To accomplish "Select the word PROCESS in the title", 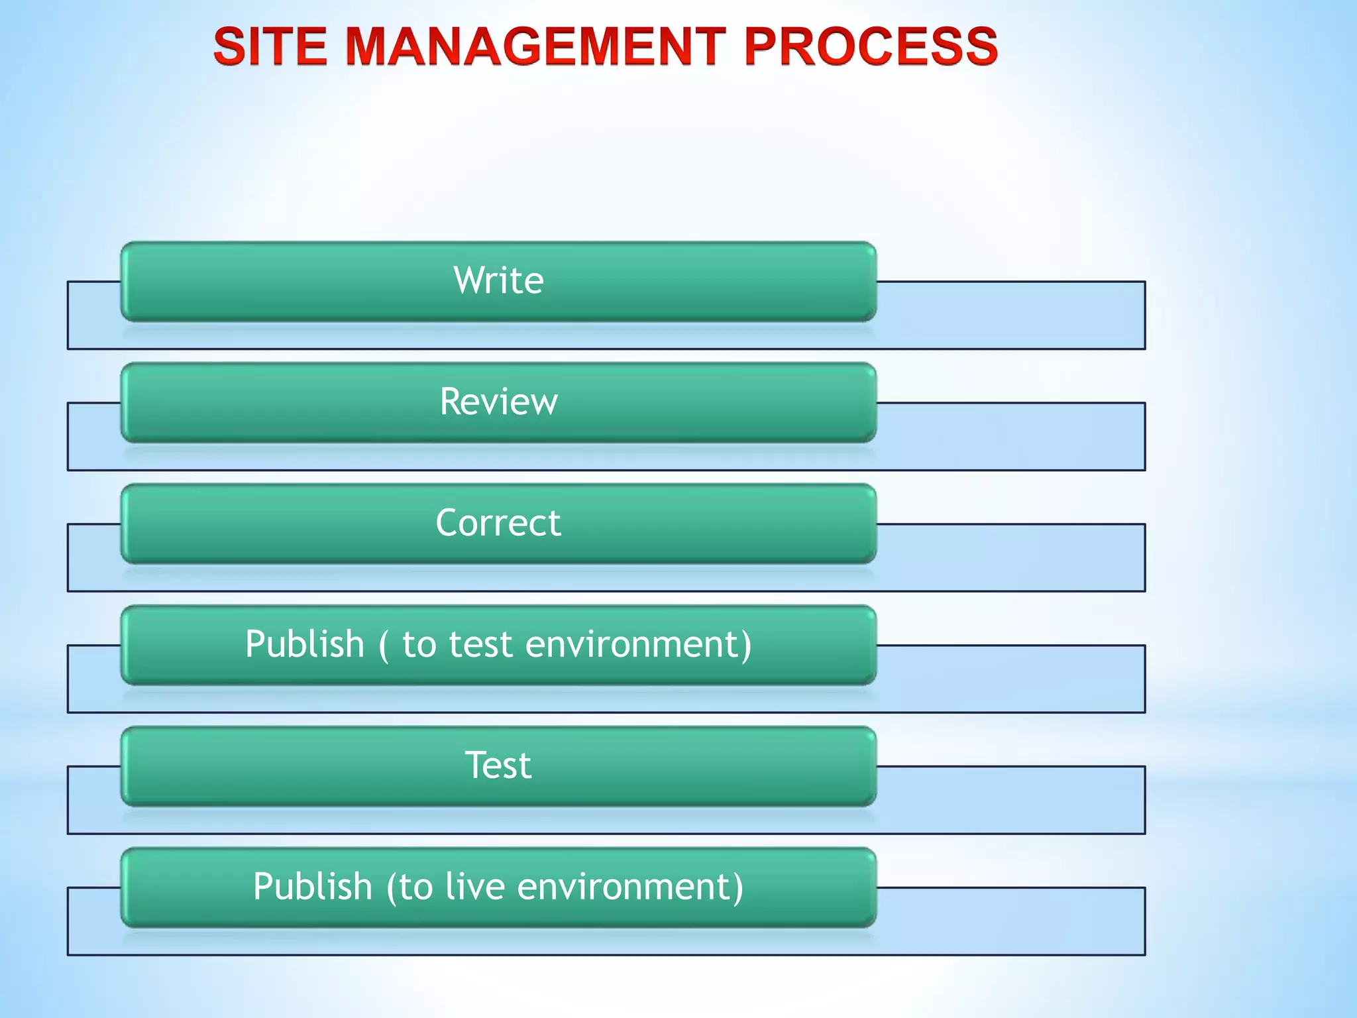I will click(871, 46).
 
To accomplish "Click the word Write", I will click(498, 280).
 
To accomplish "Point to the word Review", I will click(498, 402).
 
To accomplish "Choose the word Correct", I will click(498, 523).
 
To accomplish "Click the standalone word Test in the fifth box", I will click(498, 765).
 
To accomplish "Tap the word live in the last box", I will click(474, 887).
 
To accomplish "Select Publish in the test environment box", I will click(305, 644).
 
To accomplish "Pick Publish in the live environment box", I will click(313, 887).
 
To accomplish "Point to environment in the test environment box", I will click(638, 644).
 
